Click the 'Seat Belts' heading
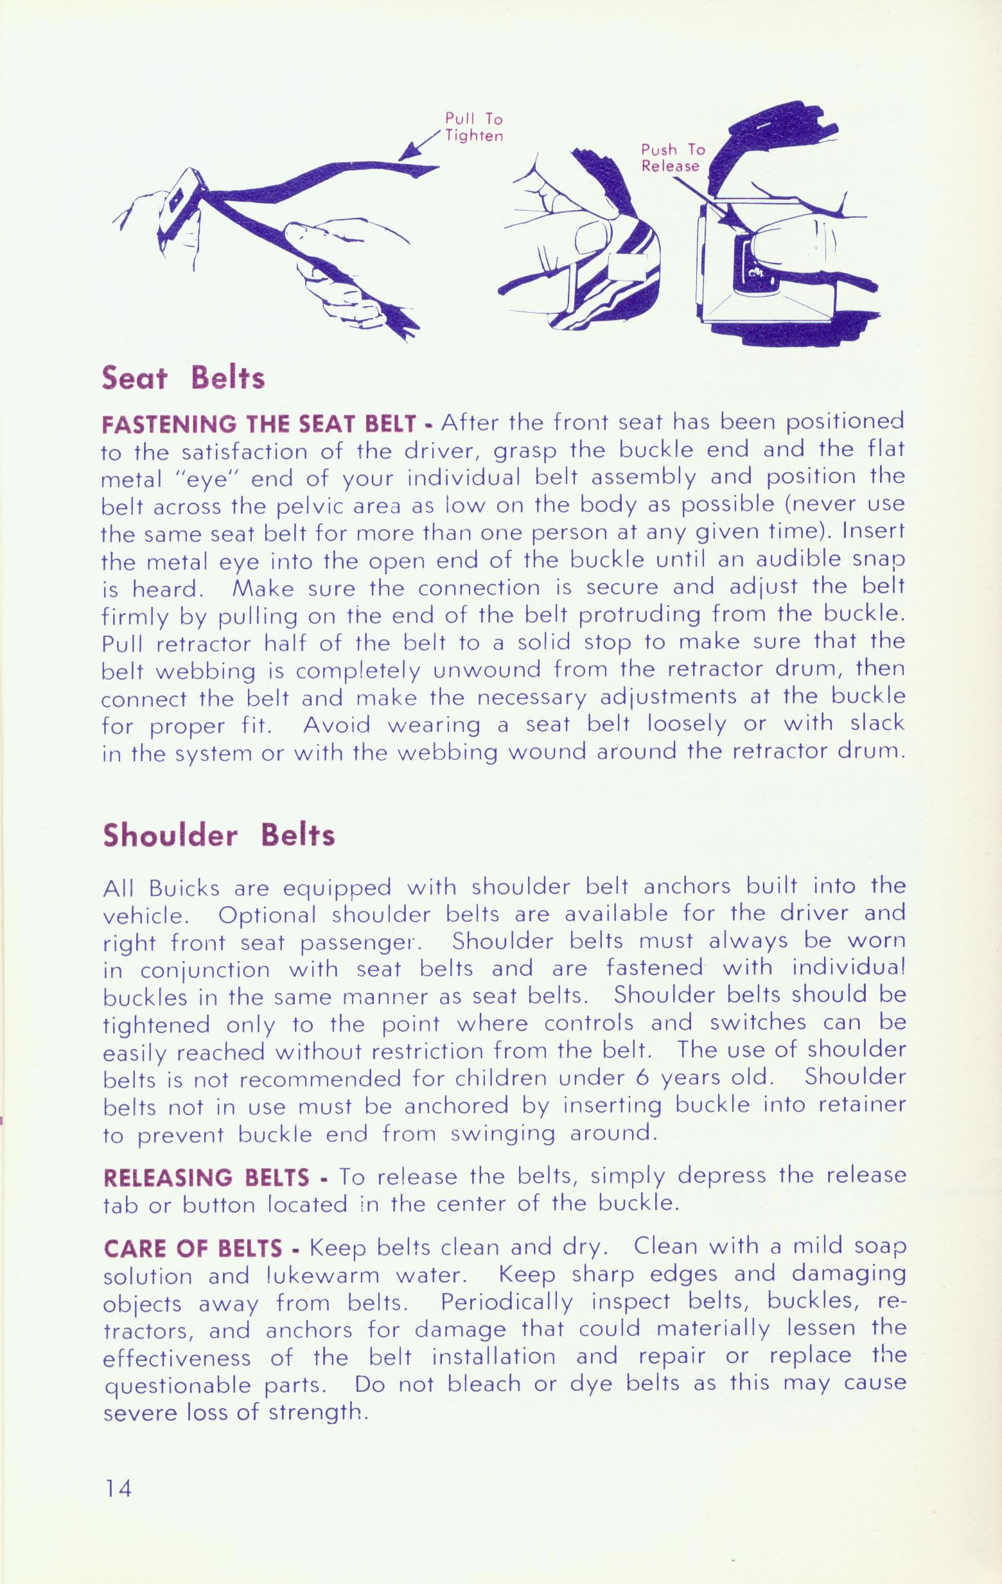[184, 379]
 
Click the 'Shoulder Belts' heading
[219, 835]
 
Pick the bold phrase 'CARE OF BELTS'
[193, 1248]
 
